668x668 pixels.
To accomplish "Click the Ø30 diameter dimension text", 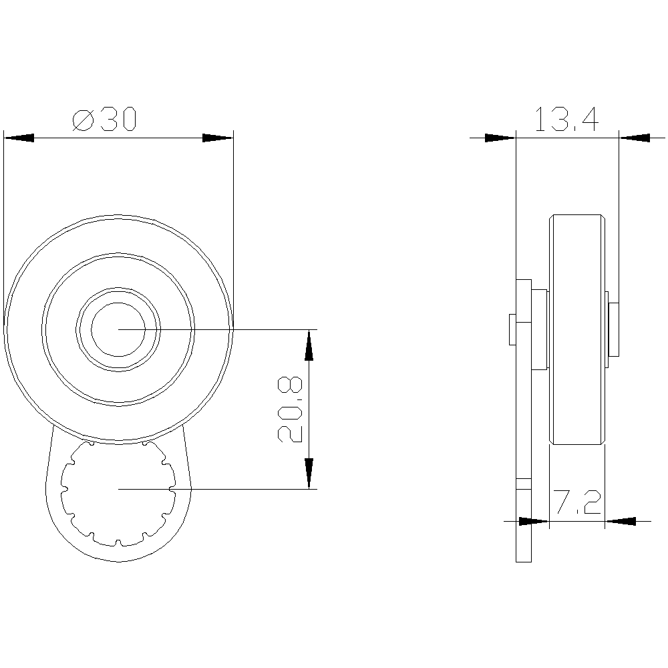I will click(x=104, y=120).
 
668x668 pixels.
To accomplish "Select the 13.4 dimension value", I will click(x=566, y=120).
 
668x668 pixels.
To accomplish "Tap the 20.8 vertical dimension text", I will click(x=289, y=409).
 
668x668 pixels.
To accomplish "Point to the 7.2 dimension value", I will click(x=576, y=503).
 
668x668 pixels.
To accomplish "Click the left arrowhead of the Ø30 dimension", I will click(x=19, y=138).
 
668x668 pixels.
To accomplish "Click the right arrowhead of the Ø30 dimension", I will click(x=218, y=138).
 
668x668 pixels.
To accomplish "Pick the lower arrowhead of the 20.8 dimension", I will click(x=309, y=474).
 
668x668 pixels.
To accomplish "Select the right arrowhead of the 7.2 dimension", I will click(x=619, y=520).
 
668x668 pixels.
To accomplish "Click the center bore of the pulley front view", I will click(x=118, y=329).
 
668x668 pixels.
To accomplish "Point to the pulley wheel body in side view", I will click(x=576, y=329).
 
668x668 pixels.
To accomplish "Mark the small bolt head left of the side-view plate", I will click(x=512, y=329).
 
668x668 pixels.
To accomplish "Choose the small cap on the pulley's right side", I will click(x=613, y=329).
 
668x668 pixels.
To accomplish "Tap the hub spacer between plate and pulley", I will click(x=540, y=329).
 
